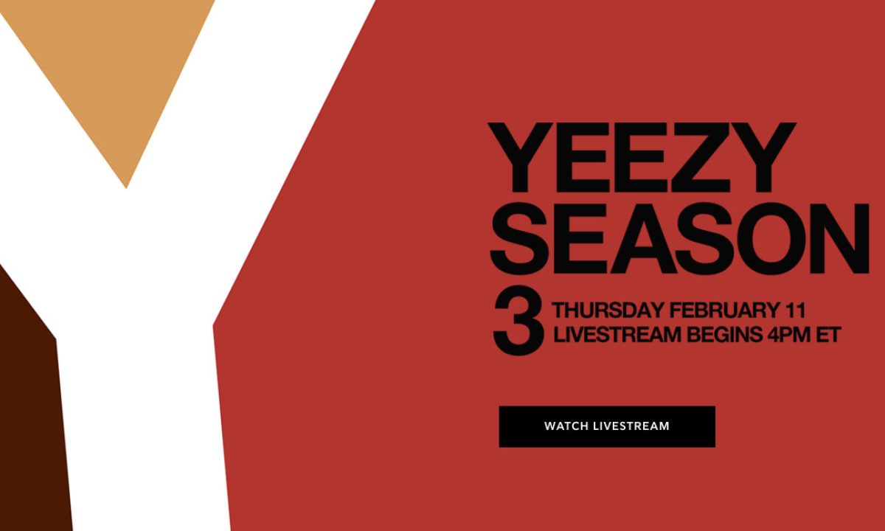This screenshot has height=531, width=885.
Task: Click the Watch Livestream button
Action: tap(607, 426)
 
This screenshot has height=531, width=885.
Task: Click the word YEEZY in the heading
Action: tap(642, 157)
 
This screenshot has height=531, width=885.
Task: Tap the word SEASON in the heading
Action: tap(679, 238)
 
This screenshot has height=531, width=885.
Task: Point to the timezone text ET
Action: tap(828, 335)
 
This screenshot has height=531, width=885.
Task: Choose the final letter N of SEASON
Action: tap(839, 238)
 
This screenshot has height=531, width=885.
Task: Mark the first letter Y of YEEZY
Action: tap(520, 157)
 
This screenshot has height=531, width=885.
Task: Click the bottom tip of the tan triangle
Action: tap(126, 188)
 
